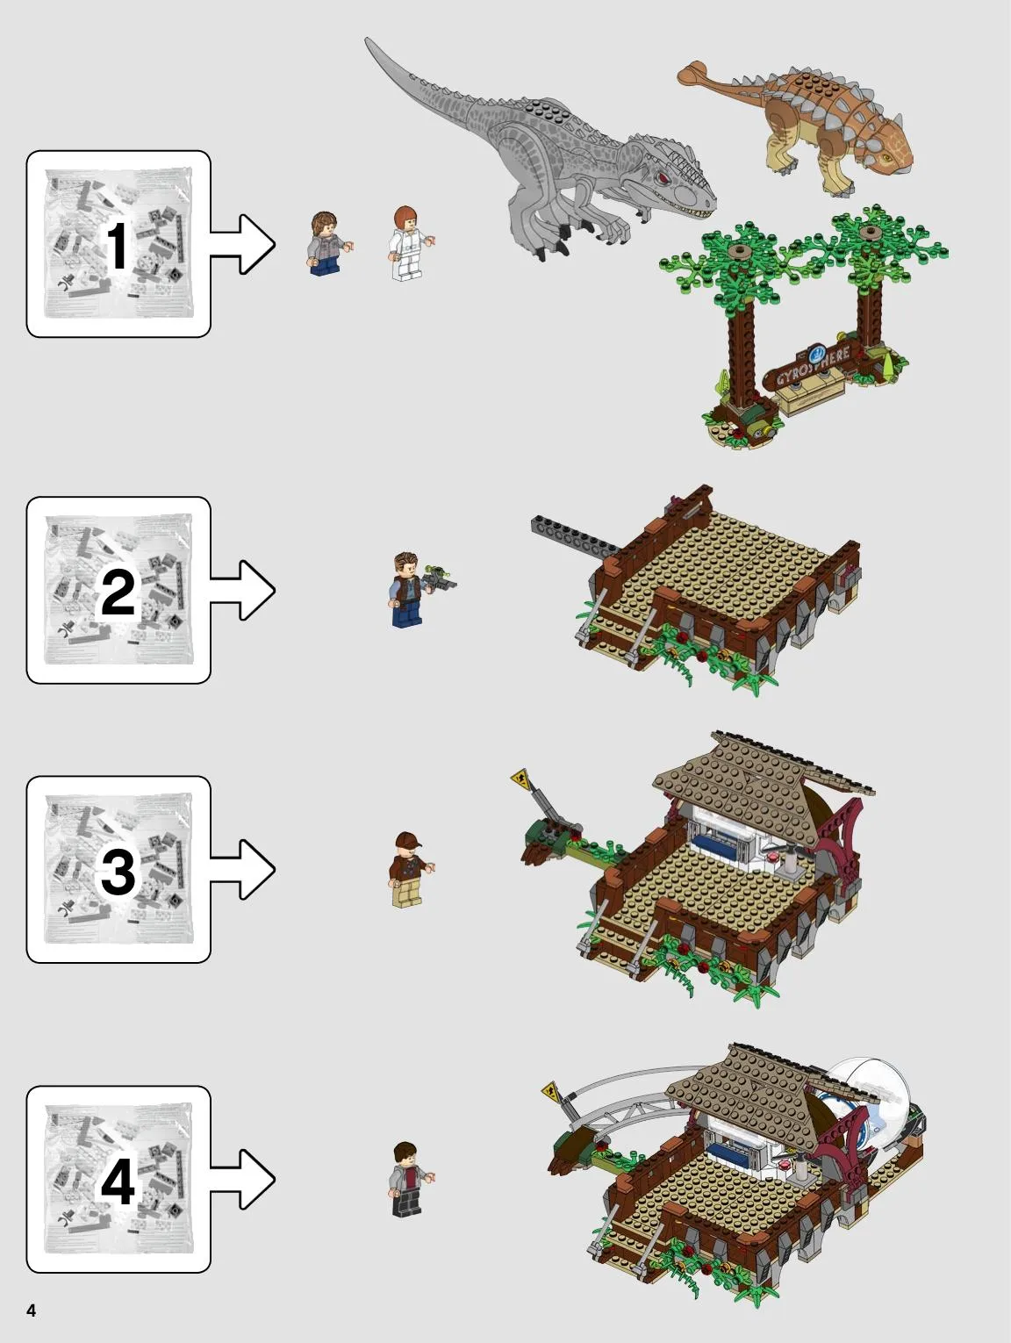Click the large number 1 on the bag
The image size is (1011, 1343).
click(x=116, y=246)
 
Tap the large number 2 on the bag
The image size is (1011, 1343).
click(x=118, y=592)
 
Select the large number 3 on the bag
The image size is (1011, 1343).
click(x=118, y=871)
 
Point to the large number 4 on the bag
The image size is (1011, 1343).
click(x=118, y=1181)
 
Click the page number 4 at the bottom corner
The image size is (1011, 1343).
click(x=32, y=1310)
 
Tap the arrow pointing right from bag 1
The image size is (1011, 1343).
click(x=243, y=244)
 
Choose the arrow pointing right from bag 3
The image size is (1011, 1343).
click(x=243, y=869)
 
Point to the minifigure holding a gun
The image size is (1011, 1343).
click(x=411, y=590)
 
